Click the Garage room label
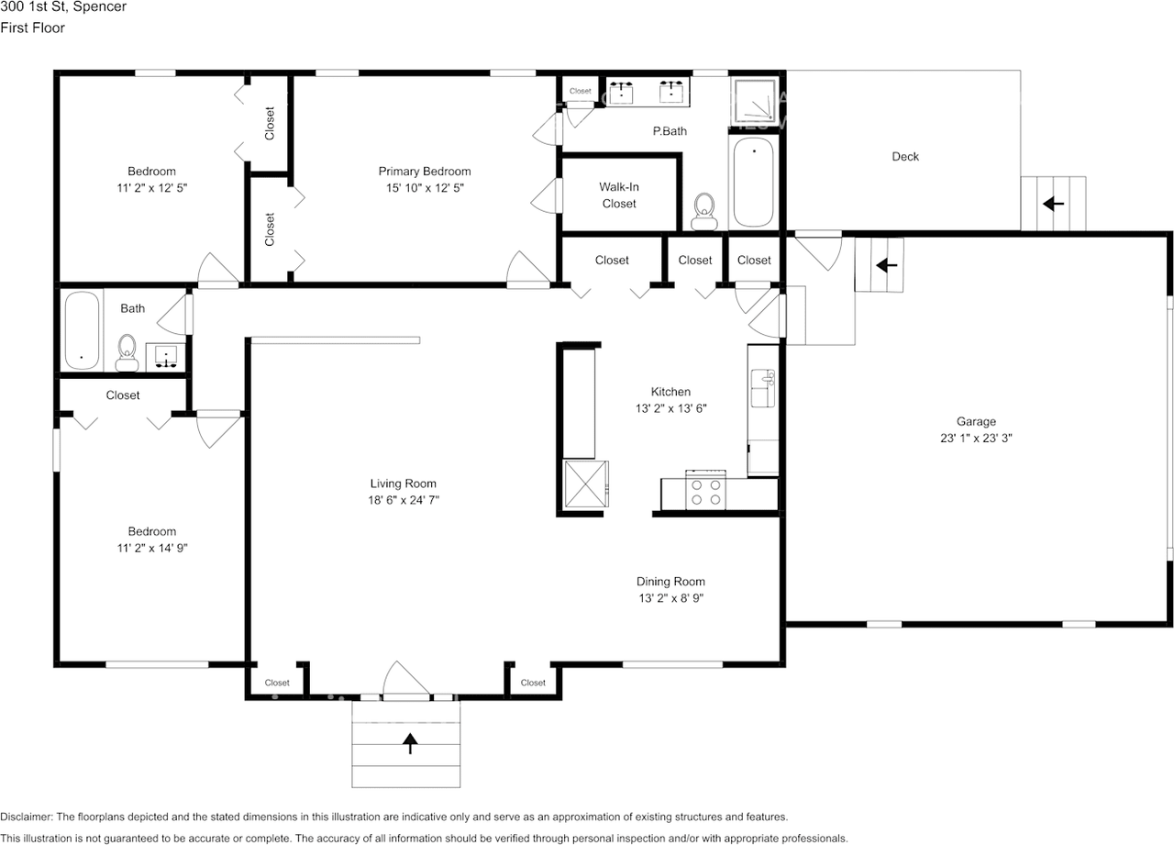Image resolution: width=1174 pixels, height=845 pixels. (x=976, y=421)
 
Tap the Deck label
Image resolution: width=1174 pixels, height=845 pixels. (x=905, y=156)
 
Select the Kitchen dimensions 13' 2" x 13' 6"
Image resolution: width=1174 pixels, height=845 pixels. (x=670, y=408)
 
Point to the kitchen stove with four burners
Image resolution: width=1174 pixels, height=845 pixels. (x=705, y=491)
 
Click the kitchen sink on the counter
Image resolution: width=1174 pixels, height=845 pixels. (x=762, y=388)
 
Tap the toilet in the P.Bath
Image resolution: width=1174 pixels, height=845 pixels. (x=703, y=211)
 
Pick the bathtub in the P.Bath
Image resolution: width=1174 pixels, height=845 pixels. (x=753, y=182)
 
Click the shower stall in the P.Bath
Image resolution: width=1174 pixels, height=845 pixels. (x=754, y=101)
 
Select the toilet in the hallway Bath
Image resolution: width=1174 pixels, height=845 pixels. (x=127, y=353)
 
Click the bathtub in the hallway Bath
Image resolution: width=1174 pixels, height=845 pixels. (x=82, y=330)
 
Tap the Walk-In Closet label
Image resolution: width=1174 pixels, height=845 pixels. (x=619, y=195)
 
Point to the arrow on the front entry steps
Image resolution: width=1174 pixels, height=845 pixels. (x=410, y=743)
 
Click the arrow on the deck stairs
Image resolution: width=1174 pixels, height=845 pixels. (x=1053, y=204)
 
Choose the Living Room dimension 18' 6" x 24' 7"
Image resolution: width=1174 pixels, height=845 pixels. (x=404, y=500)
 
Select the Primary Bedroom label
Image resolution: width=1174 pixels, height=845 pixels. (x=425, y=172)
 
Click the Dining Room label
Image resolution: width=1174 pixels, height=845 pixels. (x=670, y=582)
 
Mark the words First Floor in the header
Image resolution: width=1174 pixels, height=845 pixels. (x=32, y=28)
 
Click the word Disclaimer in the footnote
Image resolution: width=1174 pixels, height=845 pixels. (x=27, y=817)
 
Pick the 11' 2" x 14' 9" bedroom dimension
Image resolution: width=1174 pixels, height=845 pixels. (x=152, y=549)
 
